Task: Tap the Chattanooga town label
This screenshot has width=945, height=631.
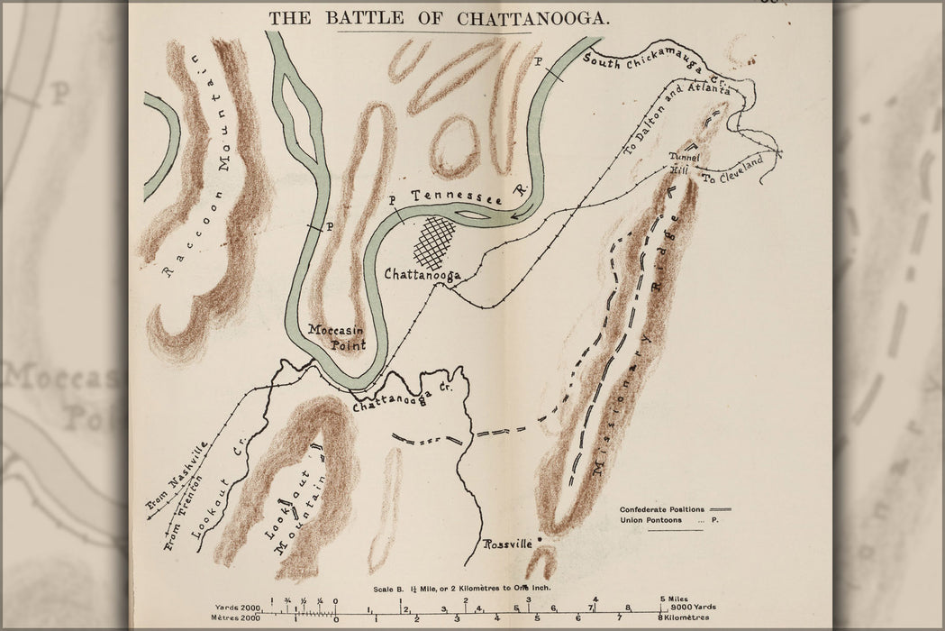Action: click(423, 274)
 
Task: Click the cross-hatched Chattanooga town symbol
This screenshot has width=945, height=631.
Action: click(437, 238)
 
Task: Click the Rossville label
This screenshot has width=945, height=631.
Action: click(509, 544)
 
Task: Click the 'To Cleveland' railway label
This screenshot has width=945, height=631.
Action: click(733, 169)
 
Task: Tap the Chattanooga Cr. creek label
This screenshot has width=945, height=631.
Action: click(400, 398)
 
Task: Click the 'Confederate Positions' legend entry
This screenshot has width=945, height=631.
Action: click(662, 509)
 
